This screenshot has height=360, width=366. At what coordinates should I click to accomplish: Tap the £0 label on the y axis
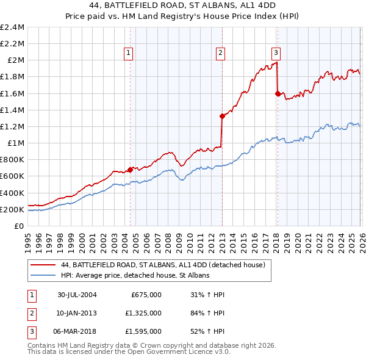coord(20,226)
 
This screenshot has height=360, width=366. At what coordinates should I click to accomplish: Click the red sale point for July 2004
coord(130,170)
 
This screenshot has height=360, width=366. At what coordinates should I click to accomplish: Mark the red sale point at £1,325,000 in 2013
coord(221,116)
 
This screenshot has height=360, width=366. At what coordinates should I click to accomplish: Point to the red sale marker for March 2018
coord(278,93)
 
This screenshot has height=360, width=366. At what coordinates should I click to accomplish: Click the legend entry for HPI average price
coord(135,275)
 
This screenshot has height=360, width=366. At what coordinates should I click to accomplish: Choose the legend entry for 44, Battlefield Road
coord(163,265)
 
